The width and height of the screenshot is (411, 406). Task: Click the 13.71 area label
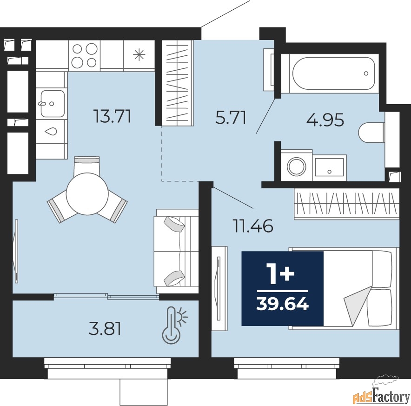pos(112,116)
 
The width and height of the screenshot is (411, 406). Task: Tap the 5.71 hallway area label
pos(231,118)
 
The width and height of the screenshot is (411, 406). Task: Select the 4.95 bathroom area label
pos(325,120)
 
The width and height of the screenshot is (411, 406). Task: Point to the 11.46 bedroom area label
pos(253,226)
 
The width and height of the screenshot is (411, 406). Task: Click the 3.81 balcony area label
pos(105,329)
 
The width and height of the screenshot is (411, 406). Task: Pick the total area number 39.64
pos(283,304)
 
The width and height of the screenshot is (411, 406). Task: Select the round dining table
pos(87,194)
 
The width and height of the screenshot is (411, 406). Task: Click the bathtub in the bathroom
pos(334,73)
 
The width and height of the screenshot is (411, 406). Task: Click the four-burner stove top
pos(85,55)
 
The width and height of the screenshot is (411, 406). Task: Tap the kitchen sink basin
pos(52,104)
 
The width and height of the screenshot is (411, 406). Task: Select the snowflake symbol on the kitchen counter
pos(139,55)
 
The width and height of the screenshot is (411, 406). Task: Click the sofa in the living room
pos(177,251)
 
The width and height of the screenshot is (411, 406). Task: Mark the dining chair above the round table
pos(87,166)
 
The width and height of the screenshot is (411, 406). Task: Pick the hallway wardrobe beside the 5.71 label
pos(178,83)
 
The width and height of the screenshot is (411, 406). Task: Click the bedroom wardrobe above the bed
pos(346,204)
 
